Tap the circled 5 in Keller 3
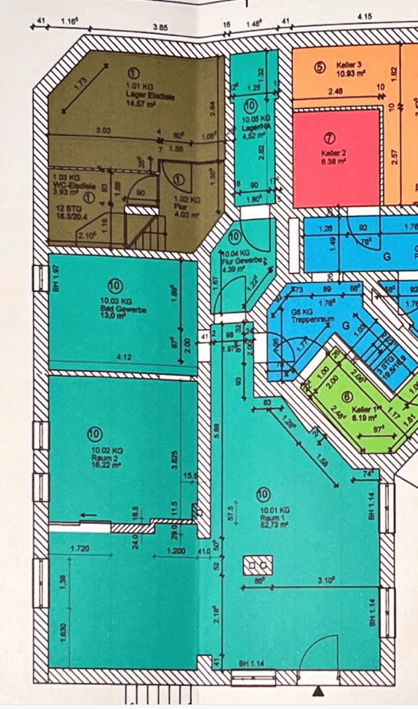tap(319, 66)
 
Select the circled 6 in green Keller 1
tap(347, 396)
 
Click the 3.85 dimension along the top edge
tap(160, 27)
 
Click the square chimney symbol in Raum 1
tap(254, 566)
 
